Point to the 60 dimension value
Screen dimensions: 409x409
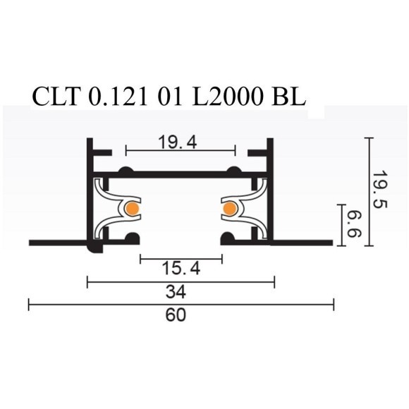click(x=177, y=315)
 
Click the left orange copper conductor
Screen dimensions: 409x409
click(x=131, y=209)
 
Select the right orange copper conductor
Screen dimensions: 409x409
click(x=229, y=209)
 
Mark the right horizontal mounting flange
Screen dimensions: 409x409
click(x=303, y=243)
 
